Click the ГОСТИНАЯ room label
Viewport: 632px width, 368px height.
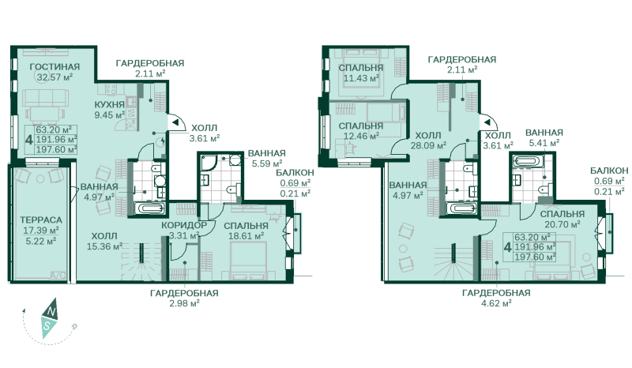[55, 66]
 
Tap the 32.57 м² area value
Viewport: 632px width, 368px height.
[55, 77]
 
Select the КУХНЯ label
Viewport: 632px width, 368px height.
[110, 105]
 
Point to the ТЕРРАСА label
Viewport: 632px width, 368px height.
[41, 220]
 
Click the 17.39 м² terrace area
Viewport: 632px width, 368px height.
[41, 231]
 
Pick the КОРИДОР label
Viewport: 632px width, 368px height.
[184, 225]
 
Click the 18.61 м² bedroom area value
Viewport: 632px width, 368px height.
[246, 236]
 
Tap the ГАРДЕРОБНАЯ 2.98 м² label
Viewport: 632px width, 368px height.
[184, 299]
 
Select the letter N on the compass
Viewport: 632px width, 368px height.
[51, 311]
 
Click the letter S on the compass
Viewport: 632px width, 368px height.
[47, 326]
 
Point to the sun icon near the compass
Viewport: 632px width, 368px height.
[74, 326]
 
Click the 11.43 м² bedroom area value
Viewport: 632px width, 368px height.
[361, 78]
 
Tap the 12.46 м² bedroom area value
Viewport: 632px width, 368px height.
[361, 136]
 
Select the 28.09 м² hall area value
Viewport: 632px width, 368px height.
[428, 145]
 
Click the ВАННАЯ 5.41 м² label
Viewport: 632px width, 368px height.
[544, 137]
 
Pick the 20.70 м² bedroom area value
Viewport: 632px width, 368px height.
[562, 224]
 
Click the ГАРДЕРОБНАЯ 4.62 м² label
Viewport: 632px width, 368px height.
[496, 299]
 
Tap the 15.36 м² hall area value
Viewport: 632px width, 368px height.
[104, 246]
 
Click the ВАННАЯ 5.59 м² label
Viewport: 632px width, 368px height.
[267, 159]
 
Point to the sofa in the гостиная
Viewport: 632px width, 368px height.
[45, 98]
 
